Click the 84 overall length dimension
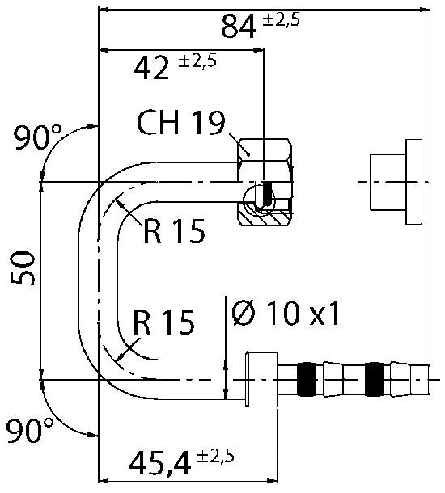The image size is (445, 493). click(x=238, y=27)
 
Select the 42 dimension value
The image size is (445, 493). click(x=151, y=68)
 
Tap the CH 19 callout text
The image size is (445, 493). click(x=181, y=122)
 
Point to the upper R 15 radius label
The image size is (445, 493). click(x=174, y=231)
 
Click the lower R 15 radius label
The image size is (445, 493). click(x=163, y=322)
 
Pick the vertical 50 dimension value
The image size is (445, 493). click(x=23, y=268)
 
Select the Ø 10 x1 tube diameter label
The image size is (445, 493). click(x=286, y=313)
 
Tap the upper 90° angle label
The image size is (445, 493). click(x=38, y=137)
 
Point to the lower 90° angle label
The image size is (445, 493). click(x=30, y=430)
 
